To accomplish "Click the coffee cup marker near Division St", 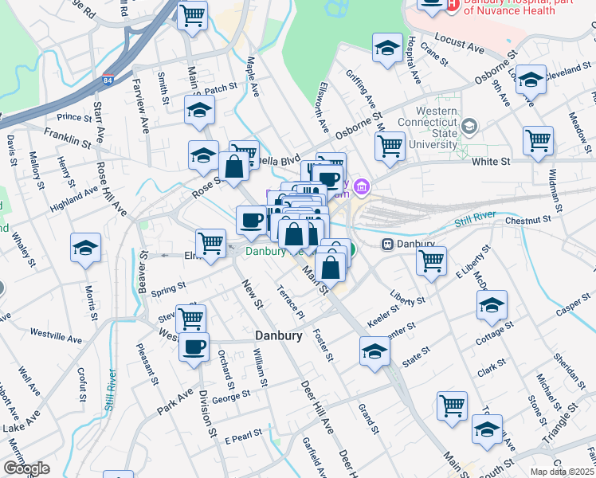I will click(x=193, y=347).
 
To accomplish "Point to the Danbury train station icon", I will click(x=389, y=244).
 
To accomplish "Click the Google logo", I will click(x=26, y=468).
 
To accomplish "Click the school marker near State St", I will click(x=374, y=350).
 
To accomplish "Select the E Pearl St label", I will click(x=243, y=437).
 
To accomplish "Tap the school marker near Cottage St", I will click(x=492, y=305).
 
